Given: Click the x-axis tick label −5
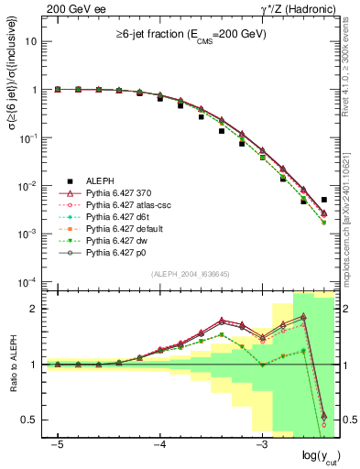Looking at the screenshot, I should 57,444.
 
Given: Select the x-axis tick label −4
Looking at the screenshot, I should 158,444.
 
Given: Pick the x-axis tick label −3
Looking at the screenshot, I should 260,444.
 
